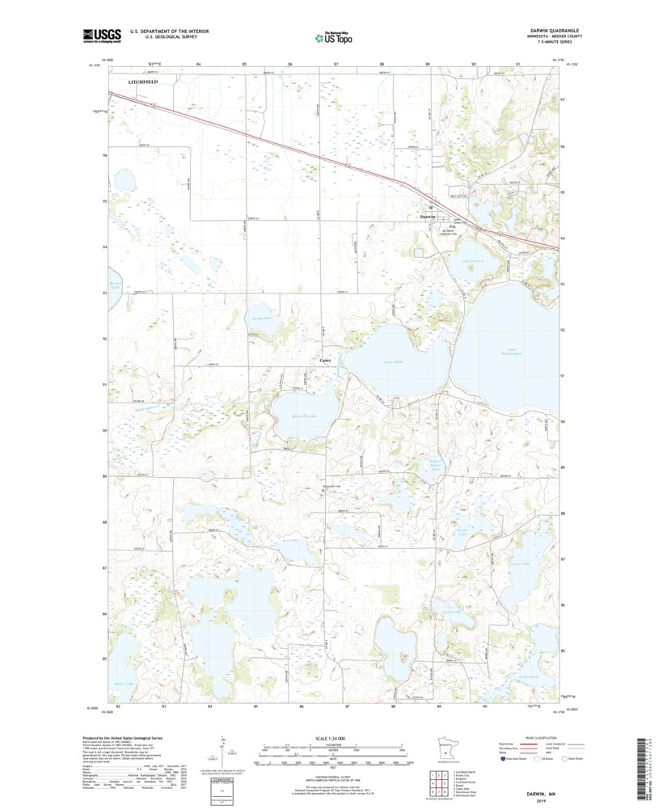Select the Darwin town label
(428, 217)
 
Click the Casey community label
(326, 360)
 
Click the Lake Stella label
(393, 361)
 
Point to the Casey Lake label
(260, 319)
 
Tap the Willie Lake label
(124, 683)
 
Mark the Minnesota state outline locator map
(445, 750)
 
